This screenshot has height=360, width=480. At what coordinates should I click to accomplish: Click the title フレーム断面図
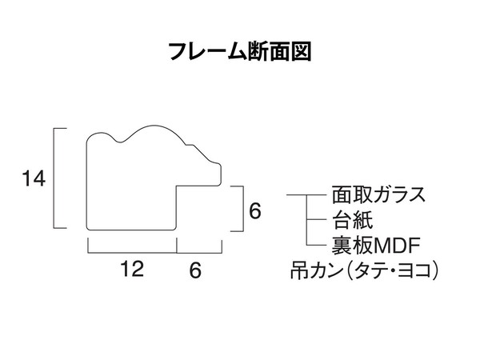240,51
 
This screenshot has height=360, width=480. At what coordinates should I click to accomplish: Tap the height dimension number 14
34,178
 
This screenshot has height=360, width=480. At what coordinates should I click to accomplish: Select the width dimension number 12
132,269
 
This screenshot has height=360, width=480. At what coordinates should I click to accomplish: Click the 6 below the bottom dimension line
195,270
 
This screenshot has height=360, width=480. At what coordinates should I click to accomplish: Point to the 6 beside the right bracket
255,210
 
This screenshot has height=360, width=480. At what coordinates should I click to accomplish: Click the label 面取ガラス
378,195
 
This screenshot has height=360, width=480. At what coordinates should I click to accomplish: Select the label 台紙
353,220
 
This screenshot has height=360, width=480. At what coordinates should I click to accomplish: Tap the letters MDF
397,245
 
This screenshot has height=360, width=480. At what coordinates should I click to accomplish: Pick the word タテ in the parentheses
372,270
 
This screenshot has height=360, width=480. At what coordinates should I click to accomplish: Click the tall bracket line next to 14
54,178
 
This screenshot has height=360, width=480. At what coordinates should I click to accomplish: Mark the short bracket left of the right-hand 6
243,209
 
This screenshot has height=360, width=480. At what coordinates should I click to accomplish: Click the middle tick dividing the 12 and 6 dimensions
177,245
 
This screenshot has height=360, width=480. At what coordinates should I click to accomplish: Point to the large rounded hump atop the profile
153,126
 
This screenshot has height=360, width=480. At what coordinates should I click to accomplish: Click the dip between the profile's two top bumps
120,142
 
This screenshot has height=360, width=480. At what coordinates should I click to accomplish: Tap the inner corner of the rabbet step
176,186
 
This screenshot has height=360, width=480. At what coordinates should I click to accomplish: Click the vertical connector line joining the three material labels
306,220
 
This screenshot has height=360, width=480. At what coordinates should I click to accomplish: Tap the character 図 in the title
302,51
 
